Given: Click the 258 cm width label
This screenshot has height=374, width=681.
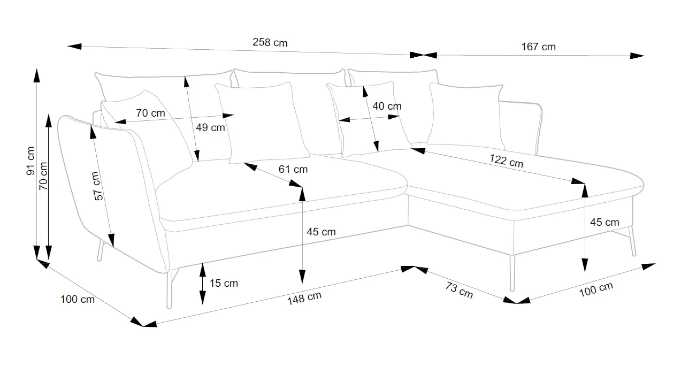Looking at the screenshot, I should pyautogui.click(x=270, y=43).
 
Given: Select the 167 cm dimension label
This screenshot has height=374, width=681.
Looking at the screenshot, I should pyautogui.click(x=538, y=47).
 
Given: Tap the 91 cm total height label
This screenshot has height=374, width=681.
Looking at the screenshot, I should pyautogui.click(x=30, y=161).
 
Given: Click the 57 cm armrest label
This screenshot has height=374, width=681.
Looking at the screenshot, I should pyautogui.click(x=97, y=186).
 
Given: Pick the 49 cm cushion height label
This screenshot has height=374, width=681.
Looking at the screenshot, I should pyautogui.click(x=210, y=127).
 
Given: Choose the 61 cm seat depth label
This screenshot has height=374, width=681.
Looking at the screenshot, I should pyautogui.click(x=293, y=169).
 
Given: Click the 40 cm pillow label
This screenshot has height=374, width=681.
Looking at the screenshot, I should pyautogui.click(x=386, y=106).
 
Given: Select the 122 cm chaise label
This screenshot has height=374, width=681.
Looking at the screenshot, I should pyautogui.click(x=506, y=161).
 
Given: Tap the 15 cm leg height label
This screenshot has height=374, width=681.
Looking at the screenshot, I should pyautogui.click(x=224, y=283).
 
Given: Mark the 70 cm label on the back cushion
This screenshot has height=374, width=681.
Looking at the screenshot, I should pyautogui.click(x=150, y=113).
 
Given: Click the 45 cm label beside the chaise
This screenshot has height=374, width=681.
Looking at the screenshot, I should pyautogui.click(x=604, y=222).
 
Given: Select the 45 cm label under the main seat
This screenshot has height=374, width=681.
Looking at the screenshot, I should pyautogui.click(x=321, y=232).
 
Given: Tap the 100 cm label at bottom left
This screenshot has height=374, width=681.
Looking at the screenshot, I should pyautogui.click(x=78, y=299).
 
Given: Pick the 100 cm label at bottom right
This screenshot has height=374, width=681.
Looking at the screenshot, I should pyautogui.click(x=595, y=289).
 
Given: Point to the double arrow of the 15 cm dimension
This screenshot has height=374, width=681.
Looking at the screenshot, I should pyautogui.click(x=202, y=284).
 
